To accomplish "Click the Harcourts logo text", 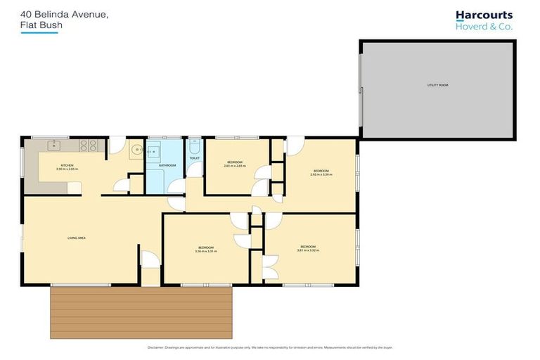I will click(x=484, y=15).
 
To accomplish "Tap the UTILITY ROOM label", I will click(x=437, y=85).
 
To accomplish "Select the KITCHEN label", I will click(x=48, y=165).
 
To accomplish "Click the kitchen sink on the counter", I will click(x=53, y=146).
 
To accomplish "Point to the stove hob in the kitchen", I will click(x=89, y=146).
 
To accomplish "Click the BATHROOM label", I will click(x=167, y=165).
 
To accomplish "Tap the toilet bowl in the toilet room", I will click(x=195, y=147).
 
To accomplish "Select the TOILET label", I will click(x=195, y=158).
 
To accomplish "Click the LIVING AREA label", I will click(x=76, y=238).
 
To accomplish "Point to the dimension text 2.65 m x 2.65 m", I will click(x=234, y=166).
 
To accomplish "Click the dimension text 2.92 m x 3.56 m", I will click(x=321, y=174).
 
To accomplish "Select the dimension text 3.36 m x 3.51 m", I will click(x=205, y=251).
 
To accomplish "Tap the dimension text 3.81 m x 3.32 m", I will click(x=309, y=250).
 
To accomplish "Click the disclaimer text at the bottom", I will click(x=270, y=348).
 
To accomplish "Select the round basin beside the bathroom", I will click(x=136, y=150).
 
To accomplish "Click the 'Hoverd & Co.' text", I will click(x=484, y=27).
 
